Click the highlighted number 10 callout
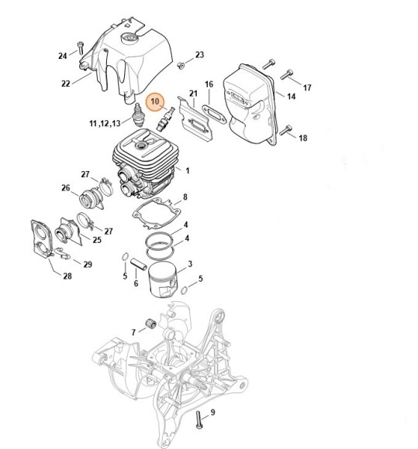155,101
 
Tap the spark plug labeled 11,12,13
139,115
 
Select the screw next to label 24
81,48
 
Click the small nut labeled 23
181,66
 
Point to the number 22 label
66,84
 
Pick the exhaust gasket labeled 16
214,115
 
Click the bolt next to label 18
285,130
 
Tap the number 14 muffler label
291,96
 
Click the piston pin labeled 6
139,264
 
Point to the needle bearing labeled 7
151,324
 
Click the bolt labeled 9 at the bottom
199,420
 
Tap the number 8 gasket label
185,197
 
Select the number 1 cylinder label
188,170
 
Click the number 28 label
67,276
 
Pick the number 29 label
88,264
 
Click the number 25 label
97,240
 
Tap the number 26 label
66,188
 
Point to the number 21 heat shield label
193,94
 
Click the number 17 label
307,87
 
